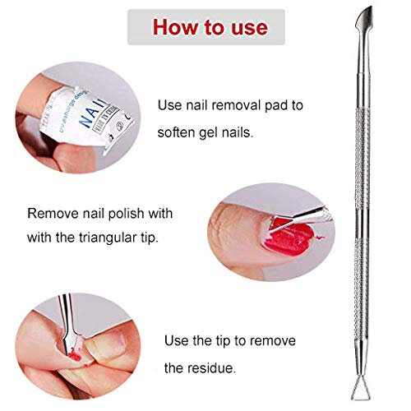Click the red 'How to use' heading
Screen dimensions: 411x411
click(x=209, y=27)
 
